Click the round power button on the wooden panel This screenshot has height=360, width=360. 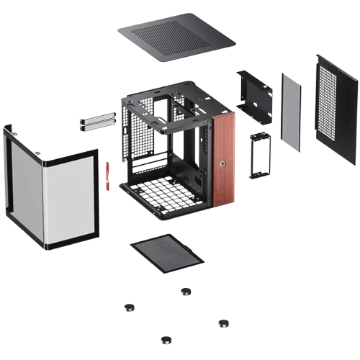click(223, 153)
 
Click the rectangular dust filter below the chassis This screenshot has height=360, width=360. click(166, 253)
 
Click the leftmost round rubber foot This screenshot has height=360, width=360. click(130, 307)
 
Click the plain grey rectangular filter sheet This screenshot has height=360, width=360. click(290, 111)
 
